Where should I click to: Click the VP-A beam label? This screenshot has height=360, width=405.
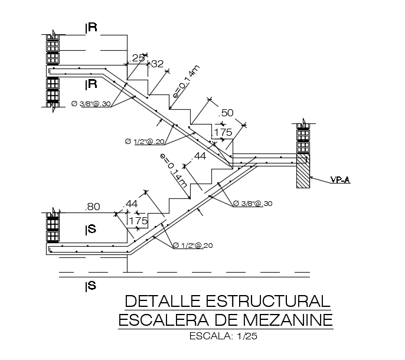coord(340,180)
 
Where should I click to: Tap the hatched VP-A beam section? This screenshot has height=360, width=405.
coord(303,171)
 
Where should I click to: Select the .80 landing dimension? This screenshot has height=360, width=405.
coord(93,207)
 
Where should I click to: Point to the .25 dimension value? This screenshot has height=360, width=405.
coord(136,58)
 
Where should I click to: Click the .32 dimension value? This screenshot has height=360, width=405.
coord(157,64)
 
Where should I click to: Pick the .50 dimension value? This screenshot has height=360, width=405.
coord(226,113)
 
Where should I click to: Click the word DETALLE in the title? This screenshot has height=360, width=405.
coord(163,301)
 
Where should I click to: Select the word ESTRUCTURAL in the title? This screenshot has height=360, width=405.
coord(268,301)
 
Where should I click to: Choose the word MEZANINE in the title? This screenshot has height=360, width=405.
coord(288,320)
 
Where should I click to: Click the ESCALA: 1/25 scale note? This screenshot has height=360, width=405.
coord(223,336)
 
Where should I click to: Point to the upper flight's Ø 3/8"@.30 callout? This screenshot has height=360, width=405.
coord(91,104)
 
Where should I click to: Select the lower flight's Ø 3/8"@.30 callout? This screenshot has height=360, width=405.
coord(253,204)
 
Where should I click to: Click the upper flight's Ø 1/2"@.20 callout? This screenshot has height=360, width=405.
coord(145,142)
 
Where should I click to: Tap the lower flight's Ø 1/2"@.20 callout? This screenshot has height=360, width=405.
coord(192,245)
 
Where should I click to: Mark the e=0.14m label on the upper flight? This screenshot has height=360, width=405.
coord(186,81)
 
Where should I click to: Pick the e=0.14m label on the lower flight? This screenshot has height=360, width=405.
coord(174,171)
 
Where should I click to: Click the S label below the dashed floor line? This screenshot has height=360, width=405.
coord(91,286)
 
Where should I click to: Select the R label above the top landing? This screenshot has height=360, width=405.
coord(92,27)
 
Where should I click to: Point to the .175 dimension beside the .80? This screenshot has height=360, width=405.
coord(138,221)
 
